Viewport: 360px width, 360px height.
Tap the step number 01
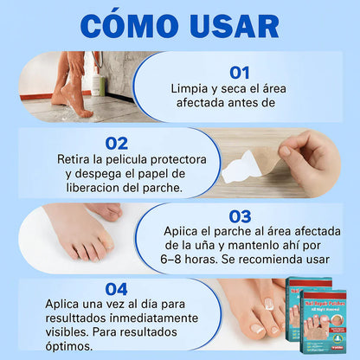click(x=241, y=74)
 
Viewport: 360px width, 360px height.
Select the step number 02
click(x=117, y=143)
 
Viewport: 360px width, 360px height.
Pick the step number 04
click(x=117, y=289)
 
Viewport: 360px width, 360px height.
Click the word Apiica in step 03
click(x=184, y=232)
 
